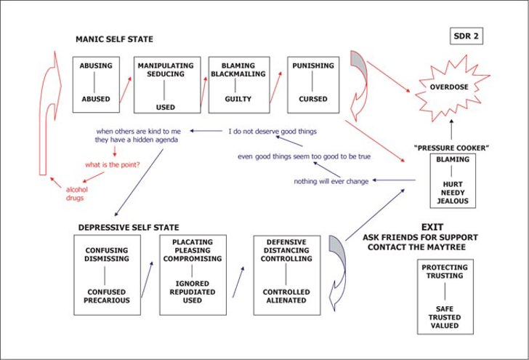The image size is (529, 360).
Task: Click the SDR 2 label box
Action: point(466,36)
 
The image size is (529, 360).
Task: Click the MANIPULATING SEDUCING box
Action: point(166,85)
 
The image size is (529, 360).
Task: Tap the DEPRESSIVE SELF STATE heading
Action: point(129,228)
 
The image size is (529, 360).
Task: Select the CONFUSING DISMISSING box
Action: point(107,275)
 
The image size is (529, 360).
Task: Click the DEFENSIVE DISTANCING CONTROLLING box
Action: point(286,275)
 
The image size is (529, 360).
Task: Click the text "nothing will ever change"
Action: point(331,181)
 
